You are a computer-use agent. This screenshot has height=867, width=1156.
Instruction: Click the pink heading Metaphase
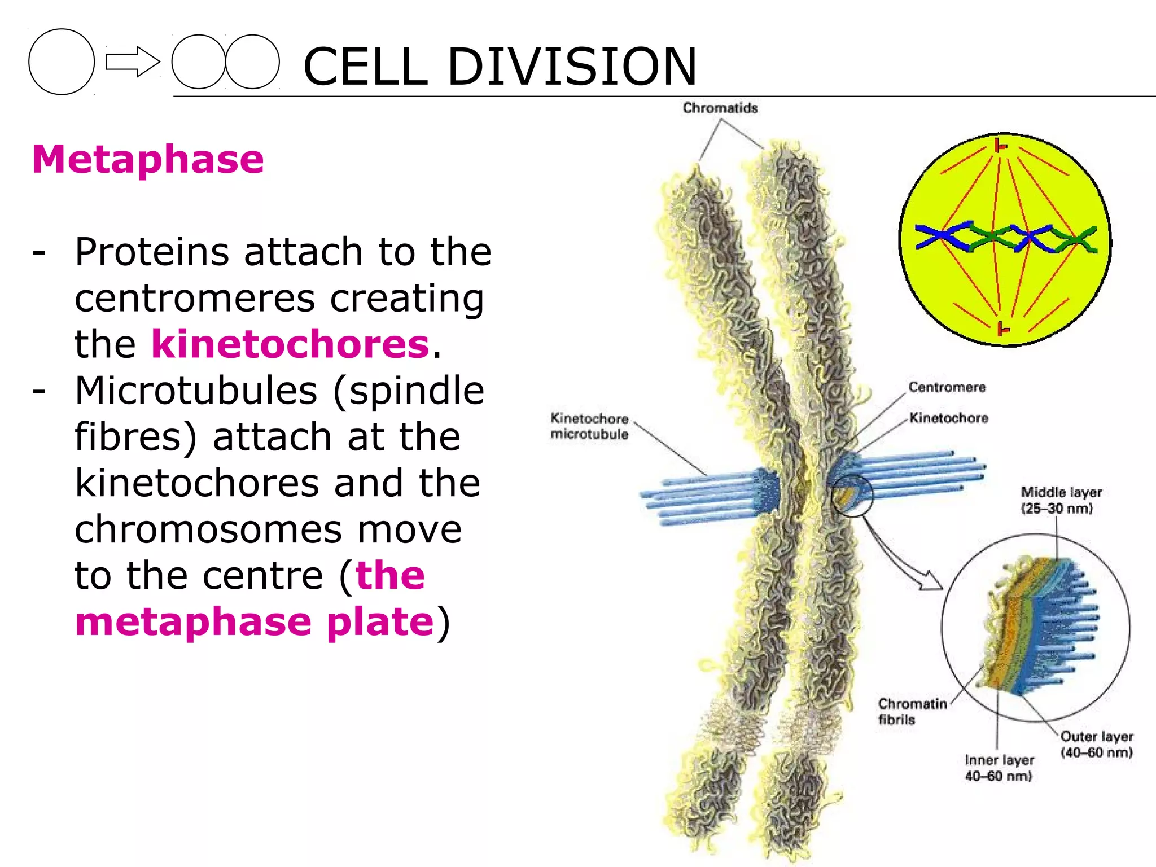coord(148,159)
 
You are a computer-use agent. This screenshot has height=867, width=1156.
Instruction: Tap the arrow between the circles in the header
coord(133,62)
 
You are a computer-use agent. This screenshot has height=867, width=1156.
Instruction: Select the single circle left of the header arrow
coord(62,62)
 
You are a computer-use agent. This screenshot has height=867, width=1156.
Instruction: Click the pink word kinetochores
coord(290,344)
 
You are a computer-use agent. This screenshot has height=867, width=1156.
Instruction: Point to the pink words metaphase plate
coord(254,622)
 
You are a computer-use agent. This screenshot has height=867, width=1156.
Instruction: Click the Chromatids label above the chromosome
coord(720,108)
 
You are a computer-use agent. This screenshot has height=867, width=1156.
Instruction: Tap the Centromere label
coord(947,387)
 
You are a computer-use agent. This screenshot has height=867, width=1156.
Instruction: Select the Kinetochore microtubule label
coord(589,426)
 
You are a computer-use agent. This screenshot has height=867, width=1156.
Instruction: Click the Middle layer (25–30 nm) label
coord(1060,500)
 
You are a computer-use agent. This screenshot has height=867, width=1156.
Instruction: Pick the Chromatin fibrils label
coord(911,711)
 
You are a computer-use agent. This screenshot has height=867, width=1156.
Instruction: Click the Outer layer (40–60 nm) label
coord(1096,744)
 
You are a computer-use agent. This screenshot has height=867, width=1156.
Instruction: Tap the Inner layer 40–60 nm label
coord(999,768)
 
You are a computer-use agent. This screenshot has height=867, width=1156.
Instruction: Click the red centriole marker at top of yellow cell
coord(1000,146)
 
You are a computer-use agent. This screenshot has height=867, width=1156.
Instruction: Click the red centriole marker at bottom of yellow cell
coord(1002,329)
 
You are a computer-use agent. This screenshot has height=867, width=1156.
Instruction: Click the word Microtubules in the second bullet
coord(196,391)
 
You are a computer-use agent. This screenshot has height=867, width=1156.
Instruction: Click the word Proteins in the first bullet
coord(151,252)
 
